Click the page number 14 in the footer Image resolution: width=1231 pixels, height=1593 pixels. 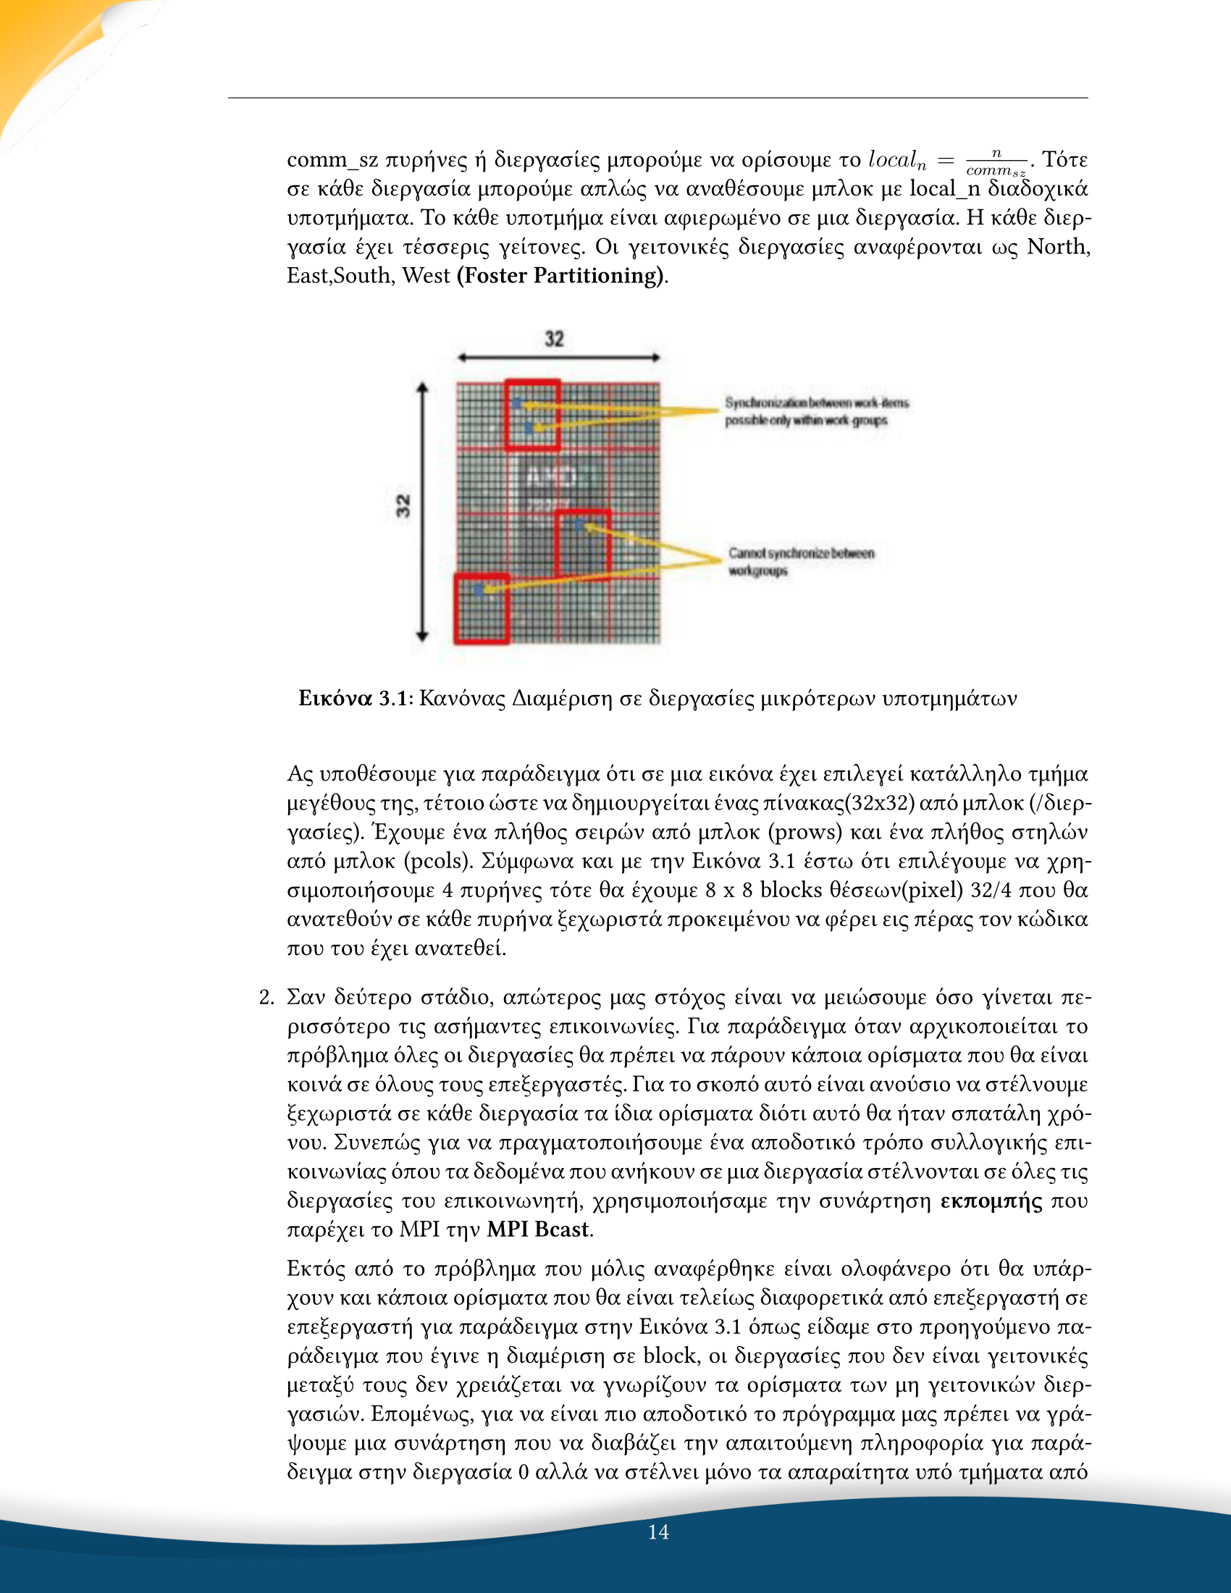pos(658,1531)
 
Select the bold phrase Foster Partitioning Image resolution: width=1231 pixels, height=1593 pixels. pos(560,276)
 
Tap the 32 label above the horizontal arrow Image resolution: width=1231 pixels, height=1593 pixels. pos(554,339)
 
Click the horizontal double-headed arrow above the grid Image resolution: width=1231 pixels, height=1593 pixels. pos(558,358)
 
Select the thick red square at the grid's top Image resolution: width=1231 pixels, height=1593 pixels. pos(532,414)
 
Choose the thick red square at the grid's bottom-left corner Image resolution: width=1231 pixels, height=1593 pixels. pos(482,608)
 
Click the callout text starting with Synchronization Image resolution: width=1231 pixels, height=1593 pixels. pos(816,411)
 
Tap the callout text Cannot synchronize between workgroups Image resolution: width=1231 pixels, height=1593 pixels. pos(801,562)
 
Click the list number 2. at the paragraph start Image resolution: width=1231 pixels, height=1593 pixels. pos(267,997)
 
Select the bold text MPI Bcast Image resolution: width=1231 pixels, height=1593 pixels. pos(538,1229)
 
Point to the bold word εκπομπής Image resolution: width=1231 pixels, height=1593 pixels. pos(991,1201)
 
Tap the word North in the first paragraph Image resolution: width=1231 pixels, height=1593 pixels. pos(1058,246)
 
